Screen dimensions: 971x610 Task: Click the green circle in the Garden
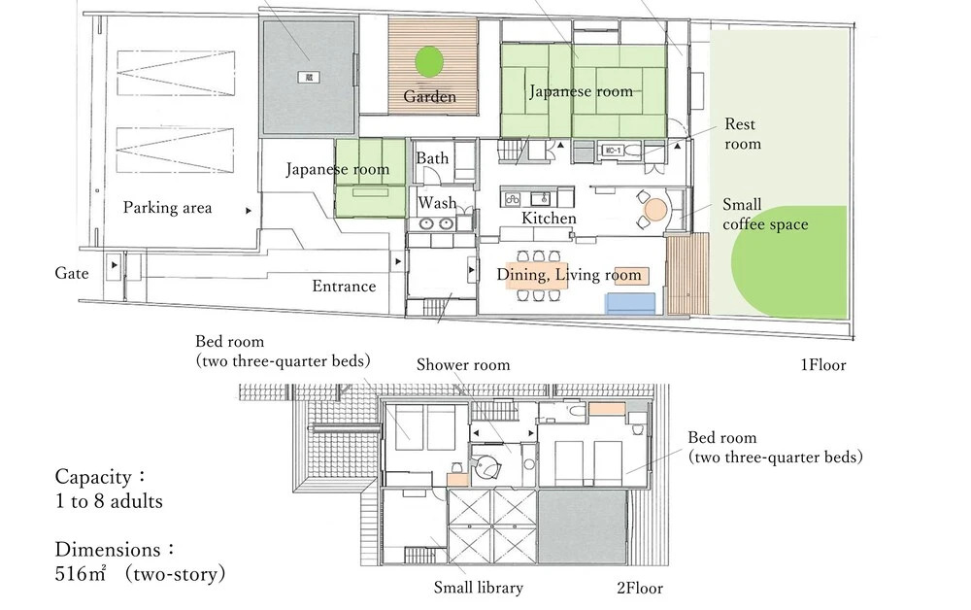[429, 62]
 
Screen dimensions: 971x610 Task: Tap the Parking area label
[167, 208]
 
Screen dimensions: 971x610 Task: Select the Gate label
[72, 273]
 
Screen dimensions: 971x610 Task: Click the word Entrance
[344, 287]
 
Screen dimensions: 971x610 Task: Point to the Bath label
[432, 158]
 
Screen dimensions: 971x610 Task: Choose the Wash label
[437, 202]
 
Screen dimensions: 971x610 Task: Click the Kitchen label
[549, 218]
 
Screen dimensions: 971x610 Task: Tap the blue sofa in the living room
[630, 303]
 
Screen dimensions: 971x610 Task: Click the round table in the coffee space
[655, 209]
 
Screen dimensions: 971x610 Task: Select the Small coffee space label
[765, 215]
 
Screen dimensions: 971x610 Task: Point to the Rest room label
[743, 134]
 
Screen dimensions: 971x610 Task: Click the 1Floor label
[823, 365]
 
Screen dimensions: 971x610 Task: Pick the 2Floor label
[640, 588]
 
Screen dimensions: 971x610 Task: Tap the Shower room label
[463, 365]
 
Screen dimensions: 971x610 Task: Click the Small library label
[478, 587]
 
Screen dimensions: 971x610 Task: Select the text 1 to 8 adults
[109, 501]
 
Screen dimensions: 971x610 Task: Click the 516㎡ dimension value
[82, 573]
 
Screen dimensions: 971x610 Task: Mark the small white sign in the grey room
[309, 78]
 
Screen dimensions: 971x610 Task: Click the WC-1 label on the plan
[611, 151]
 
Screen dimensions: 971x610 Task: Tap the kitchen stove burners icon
[513, 199]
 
